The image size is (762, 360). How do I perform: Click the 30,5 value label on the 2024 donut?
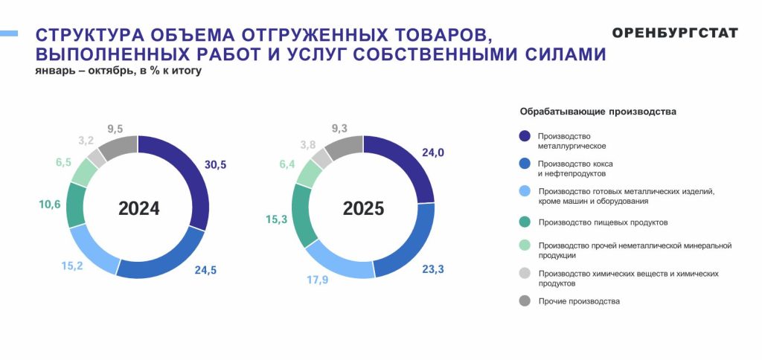tap(215, 164)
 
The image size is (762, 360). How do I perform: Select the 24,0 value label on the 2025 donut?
tap(433, 153)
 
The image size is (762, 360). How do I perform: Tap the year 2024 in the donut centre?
tap(139, 208)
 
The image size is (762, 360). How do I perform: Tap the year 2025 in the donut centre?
tap(363, 208)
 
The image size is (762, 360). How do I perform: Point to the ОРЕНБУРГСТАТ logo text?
tap(675, 33)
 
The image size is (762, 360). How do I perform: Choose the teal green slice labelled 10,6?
tap(75, 205)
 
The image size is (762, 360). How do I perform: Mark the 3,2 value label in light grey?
tap(86, 141)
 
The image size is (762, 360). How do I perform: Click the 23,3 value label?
tap(432, 269)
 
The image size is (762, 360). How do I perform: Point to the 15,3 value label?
tap(277, 219)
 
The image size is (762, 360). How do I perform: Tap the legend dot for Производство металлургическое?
tap(525, 136)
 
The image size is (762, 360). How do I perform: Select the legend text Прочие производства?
tap(579, 301)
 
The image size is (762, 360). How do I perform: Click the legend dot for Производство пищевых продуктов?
tap(525, 222)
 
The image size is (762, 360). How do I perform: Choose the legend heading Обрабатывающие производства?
tap(598, 112)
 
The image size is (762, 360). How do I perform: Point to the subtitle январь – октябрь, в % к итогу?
tap(118, 71)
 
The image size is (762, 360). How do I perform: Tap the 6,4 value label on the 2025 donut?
tap(287, 164)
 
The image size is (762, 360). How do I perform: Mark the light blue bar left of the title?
tap(9, 33)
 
